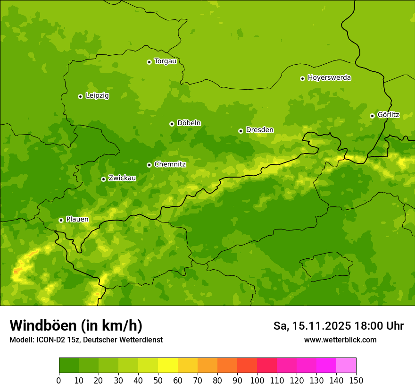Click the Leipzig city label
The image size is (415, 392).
[97, 96]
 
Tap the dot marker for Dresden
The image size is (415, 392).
[241, 131]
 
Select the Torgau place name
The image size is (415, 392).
[165, 61]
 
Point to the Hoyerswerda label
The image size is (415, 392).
[329, 78]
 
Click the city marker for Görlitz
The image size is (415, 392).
[372, 116]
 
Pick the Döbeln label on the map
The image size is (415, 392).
[189, 123]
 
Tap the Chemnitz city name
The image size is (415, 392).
[170, 164]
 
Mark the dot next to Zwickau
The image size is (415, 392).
[103, 179]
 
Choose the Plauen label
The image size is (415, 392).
[77, 220]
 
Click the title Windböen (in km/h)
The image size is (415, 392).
[76, 325]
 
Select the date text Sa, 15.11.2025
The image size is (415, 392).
[312, 326]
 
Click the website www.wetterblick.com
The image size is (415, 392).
[340, 340]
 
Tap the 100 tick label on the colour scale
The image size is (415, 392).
[257, 380]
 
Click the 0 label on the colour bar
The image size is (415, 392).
[59, 380]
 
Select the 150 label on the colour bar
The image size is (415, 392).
[356, 380]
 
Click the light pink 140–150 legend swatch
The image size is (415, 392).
[346, 366]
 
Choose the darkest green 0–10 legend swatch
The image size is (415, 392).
[69, 366]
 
